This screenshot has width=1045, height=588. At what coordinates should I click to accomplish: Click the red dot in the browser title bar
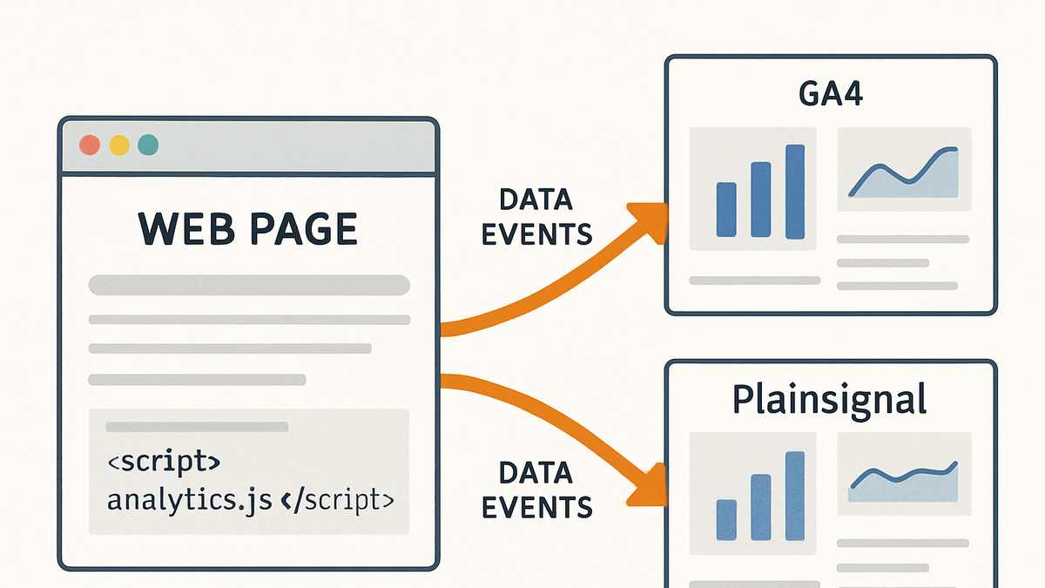[x=90, y=145]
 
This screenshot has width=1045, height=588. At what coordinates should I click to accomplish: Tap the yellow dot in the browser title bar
[x=119, y=145]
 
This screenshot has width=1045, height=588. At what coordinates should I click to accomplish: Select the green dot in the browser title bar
[x=148, y=145]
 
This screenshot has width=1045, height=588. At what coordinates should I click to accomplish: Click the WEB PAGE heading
[x=247, y=228]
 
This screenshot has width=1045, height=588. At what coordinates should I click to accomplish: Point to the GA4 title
[x=831, y=94]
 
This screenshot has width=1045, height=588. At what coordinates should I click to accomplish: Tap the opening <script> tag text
[x=164, y=462]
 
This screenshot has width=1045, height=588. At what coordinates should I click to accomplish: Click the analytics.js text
[x=190, y=501]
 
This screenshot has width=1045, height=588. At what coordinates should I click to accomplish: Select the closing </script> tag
[x=338, y=499]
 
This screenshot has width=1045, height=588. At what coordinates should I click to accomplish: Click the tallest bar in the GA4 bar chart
[x=795, y=192]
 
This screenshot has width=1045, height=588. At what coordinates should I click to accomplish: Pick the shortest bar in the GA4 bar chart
[x=726, y=210]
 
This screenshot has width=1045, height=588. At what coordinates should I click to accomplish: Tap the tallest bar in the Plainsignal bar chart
[x=795, y=496]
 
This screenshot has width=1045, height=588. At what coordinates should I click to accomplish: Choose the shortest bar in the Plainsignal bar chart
[x=726, y=520]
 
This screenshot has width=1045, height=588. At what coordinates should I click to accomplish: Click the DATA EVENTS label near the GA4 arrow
[x=536, y=217]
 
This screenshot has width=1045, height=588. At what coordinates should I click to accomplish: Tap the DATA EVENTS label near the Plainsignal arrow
[x=536, y=490]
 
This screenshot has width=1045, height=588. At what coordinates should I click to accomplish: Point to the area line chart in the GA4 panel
[x=904, y=173]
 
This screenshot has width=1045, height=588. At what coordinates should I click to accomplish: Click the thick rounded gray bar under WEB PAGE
[x=249, y=285]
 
